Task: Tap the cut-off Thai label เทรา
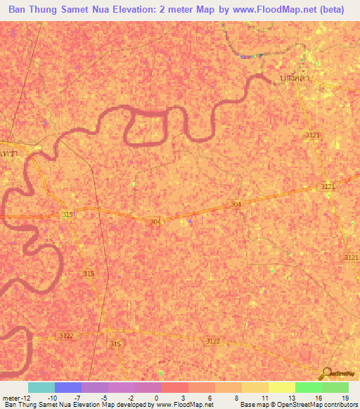coord(9,152)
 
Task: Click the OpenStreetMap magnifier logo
coord(326,373)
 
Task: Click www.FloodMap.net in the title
coord(269,9)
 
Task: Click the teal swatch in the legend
coord(41,387)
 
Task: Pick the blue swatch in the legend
coord(68,387)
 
